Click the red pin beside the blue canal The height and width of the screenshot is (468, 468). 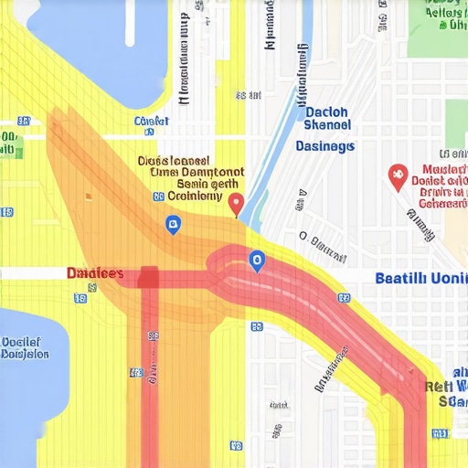(236, 203)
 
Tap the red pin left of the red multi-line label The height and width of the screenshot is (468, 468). (397, 176)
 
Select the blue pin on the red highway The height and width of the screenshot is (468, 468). (257, 261)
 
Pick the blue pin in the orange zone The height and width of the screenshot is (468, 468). (172, 224)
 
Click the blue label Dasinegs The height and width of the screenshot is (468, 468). (325, 145)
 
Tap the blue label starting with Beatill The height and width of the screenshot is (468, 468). (421, 277)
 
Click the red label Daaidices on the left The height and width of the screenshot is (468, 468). (95, 273)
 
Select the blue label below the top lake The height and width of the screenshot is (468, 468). (151, 122)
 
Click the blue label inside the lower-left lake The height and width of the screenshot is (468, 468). (25, 348)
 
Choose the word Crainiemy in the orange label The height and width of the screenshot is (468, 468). (195, 195)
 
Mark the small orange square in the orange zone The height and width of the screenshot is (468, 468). (88, 195)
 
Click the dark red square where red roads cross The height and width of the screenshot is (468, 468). (148, 277)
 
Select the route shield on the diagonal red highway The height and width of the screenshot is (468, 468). (344, 298)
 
